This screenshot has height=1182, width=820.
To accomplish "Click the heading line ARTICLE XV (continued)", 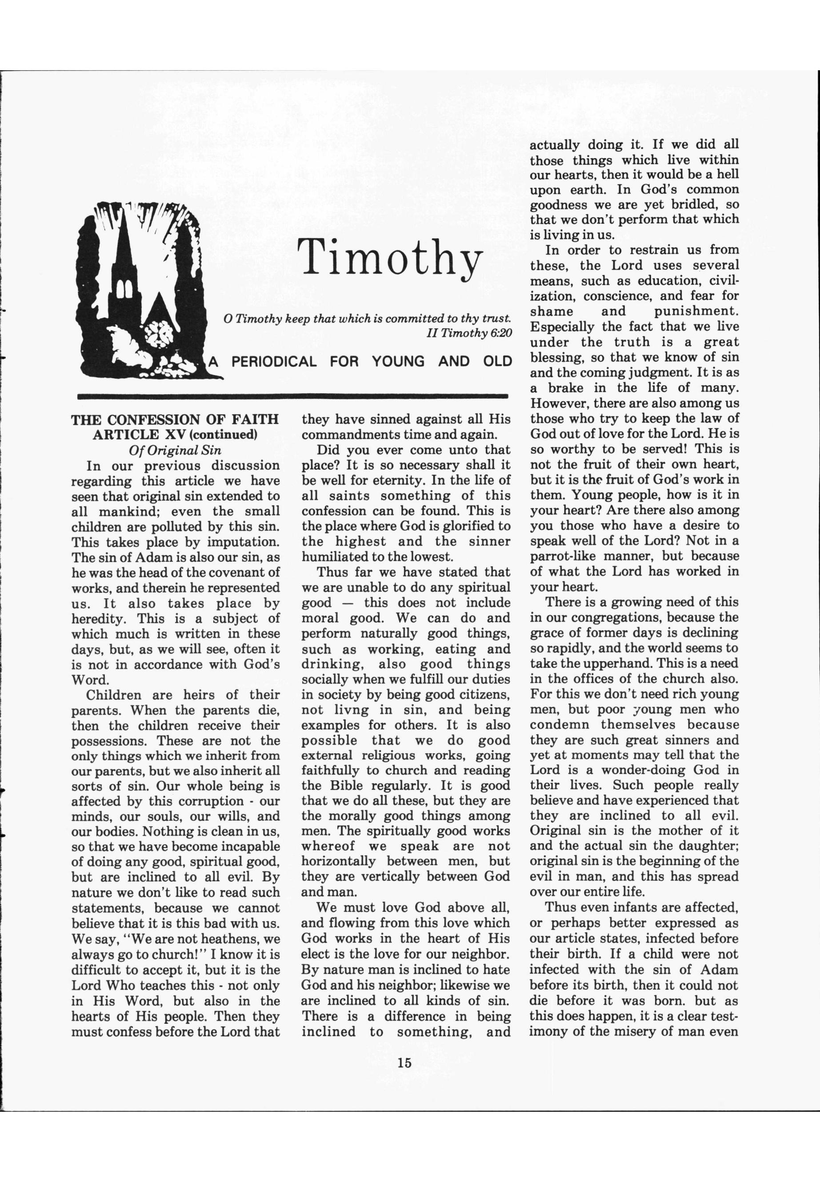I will pos(175,435).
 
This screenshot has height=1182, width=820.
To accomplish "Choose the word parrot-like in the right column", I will pos(560,556).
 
